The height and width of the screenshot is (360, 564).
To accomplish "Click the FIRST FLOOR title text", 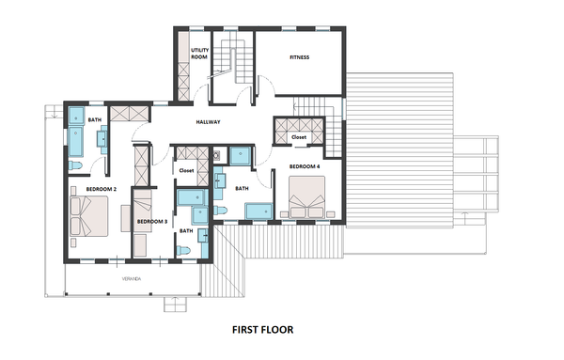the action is [x=262, y=329].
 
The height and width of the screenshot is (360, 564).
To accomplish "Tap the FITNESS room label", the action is [x=299, y=57].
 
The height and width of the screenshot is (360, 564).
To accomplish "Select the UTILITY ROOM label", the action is [x=199, y=54].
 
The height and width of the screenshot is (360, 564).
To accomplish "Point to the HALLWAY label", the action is [x=208, y=122].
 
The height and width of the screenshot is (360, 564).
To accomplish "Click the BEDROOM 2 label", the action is [x=102, y=189].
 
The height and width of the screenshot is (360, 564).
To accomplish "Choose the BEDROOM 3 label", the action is [x=152, y=222].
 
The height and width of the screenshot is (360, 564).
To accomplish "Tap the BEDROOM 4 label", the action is [x=305, y=166].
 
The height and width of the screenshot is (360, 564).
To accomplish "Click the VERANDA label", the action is [x=132, y=279].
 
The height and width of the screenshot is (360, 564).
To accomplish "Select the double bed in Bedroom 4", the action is [x=306, y=196].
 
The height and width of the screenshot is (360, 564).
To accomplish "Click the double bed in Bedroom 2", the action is [x=89, y=216].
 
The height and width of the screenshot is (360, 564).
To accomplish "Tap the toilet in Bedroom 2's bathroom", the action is [x=75, y=165].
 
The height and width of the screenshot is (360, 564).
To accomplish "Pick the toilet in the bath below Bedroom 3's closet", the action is [x=183, y=250].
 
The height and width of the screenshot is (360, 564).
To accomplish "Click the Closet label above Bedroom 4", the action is [x=299, y=137].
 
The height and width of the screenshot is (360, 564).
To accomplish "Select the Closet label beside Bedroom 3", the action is [x=186, y=170].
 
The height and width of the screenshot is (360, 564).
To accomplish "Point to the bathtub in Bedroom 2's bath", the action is [x=76, y=141].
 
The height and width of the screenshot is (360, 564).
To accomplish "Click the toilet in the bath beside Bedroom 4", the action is [x=220, y=210].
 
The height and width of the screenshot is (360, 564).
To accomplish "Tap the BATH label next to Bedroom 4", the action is [x=242, y=188].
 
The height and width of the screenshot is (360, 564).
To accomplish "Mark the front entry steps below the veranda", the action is [x=176, y=305].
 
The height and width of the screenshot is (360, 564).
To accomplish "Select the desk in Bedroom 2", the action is [x=126, y=218].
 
